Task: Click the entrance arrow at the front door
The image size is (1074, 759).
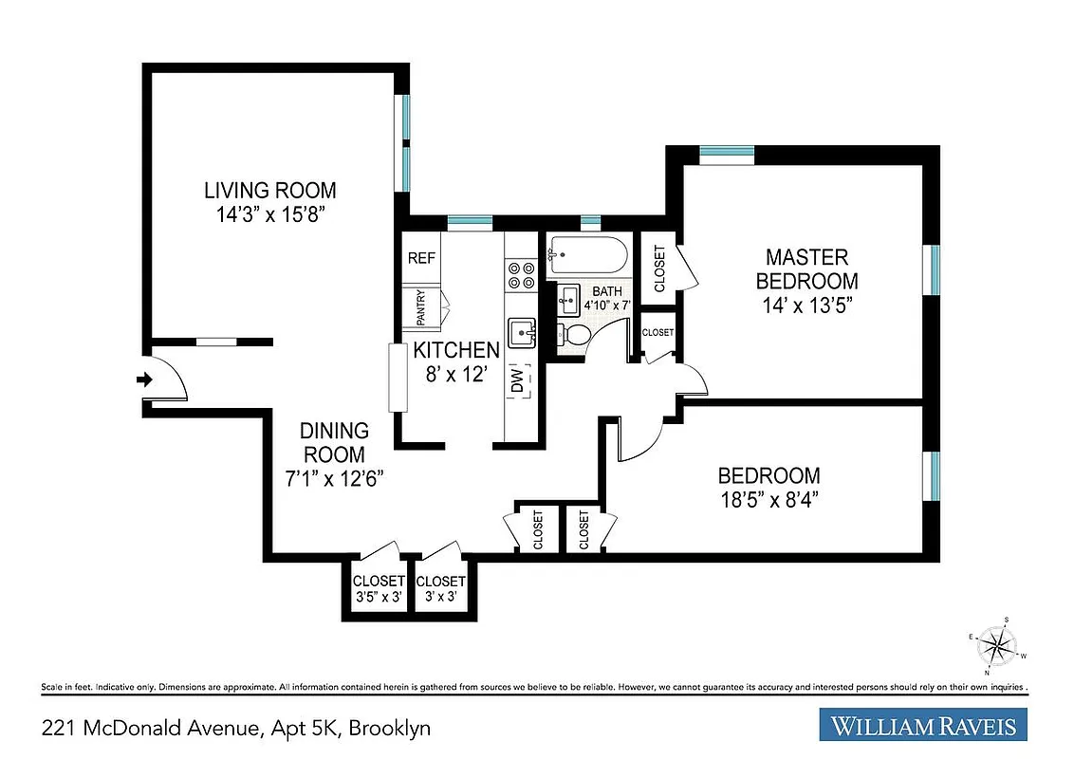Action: [x=144, y=380]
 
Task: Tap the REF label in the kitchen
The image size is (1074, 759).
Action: [x=420, y=258]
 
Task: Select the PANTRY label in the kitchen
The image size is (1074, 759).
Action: [x=420, y=307]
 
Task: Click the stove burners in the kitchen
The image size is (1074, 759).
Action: [x=521, y=275]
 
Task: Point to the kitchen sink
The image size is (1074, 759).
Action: [x=521, y=333]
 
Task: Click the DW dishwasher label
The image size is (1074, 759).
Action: [x=518, y=382]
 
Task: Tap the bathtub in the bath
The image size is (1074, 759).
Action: [x=585, y=255]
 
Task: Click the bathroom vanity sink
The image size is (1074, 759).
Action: [x=567, y=300]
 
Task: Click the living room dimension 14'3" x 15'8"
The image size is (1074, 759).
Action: [x=270, y=214]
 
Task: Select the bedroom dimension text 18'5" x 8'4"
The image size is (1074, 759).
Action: [x=768, y=500]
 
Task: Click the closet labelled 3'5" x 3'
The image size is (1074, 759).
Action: [x=379, y=598]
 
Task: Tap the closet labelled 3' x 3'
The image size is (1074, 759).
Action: [x=441, y=598]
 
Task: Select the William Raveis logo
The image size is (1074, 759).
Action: [x=923, y=726]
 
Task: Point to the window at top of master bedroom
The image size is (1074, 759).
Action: [x=727, y=151]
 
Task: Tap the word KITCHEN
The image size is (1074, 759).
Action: [x=456, y=350]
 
